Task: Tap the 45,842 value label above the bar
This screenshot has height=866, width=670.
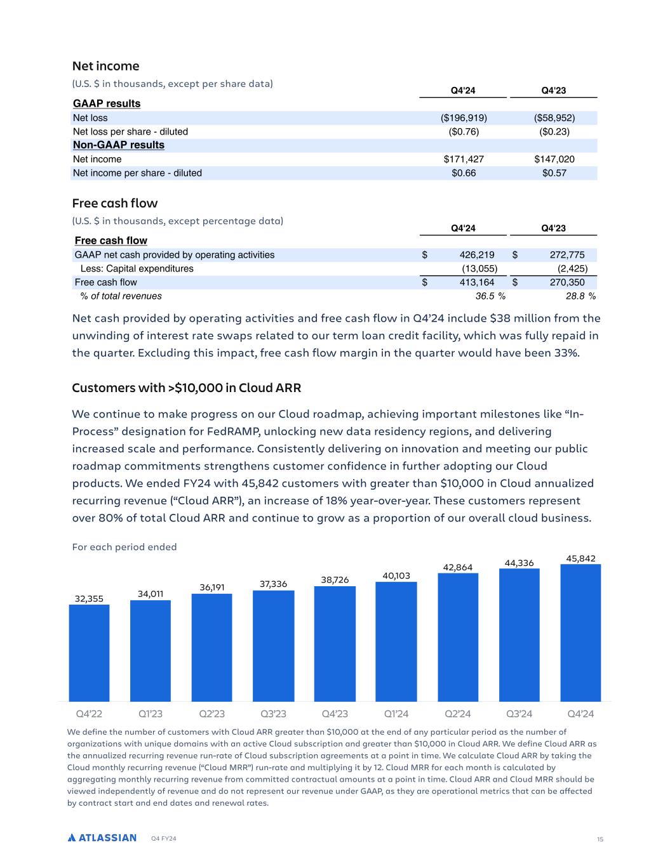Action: click(580, 558)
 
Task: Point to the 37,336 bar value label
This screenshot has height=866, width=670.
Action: click(273, 584)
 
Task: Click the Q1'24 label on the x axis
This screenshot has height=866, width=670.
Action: click(396, 714)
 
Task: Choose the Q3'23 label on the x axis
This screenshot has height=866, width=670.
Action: click(273, 714)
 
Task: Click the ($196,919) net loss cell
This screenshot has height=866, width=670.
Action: click(464, 118)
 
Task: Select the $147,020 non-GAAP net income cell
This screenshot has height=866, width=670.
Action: click(554, 159)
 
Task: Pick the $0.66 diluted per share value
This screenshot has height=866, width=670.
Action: click(464, 173)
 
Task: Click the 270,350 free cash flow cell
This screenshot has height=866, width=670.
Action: click(566, 282)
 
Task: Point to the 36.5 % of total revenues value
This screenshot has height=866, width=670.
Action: click(490, 296)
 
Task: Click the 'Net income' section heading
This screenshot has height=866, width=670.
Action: click(105, 66)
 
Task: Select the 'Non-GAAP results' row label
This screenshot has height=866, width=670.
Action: click(119, 145)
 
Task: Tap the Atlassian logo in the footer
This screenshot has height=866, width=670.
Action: click(102, 837)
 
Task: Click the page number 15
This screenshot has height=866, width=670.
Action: click(600, 839)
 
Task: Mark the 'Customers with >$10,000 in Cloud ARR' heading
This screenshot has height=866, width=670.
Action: click(186, 388)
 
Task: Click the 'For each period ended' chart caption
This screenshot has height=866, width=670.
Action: click(124, 547)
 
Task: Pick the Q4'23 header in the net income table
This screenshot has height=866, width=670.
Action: click(553, 91)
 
